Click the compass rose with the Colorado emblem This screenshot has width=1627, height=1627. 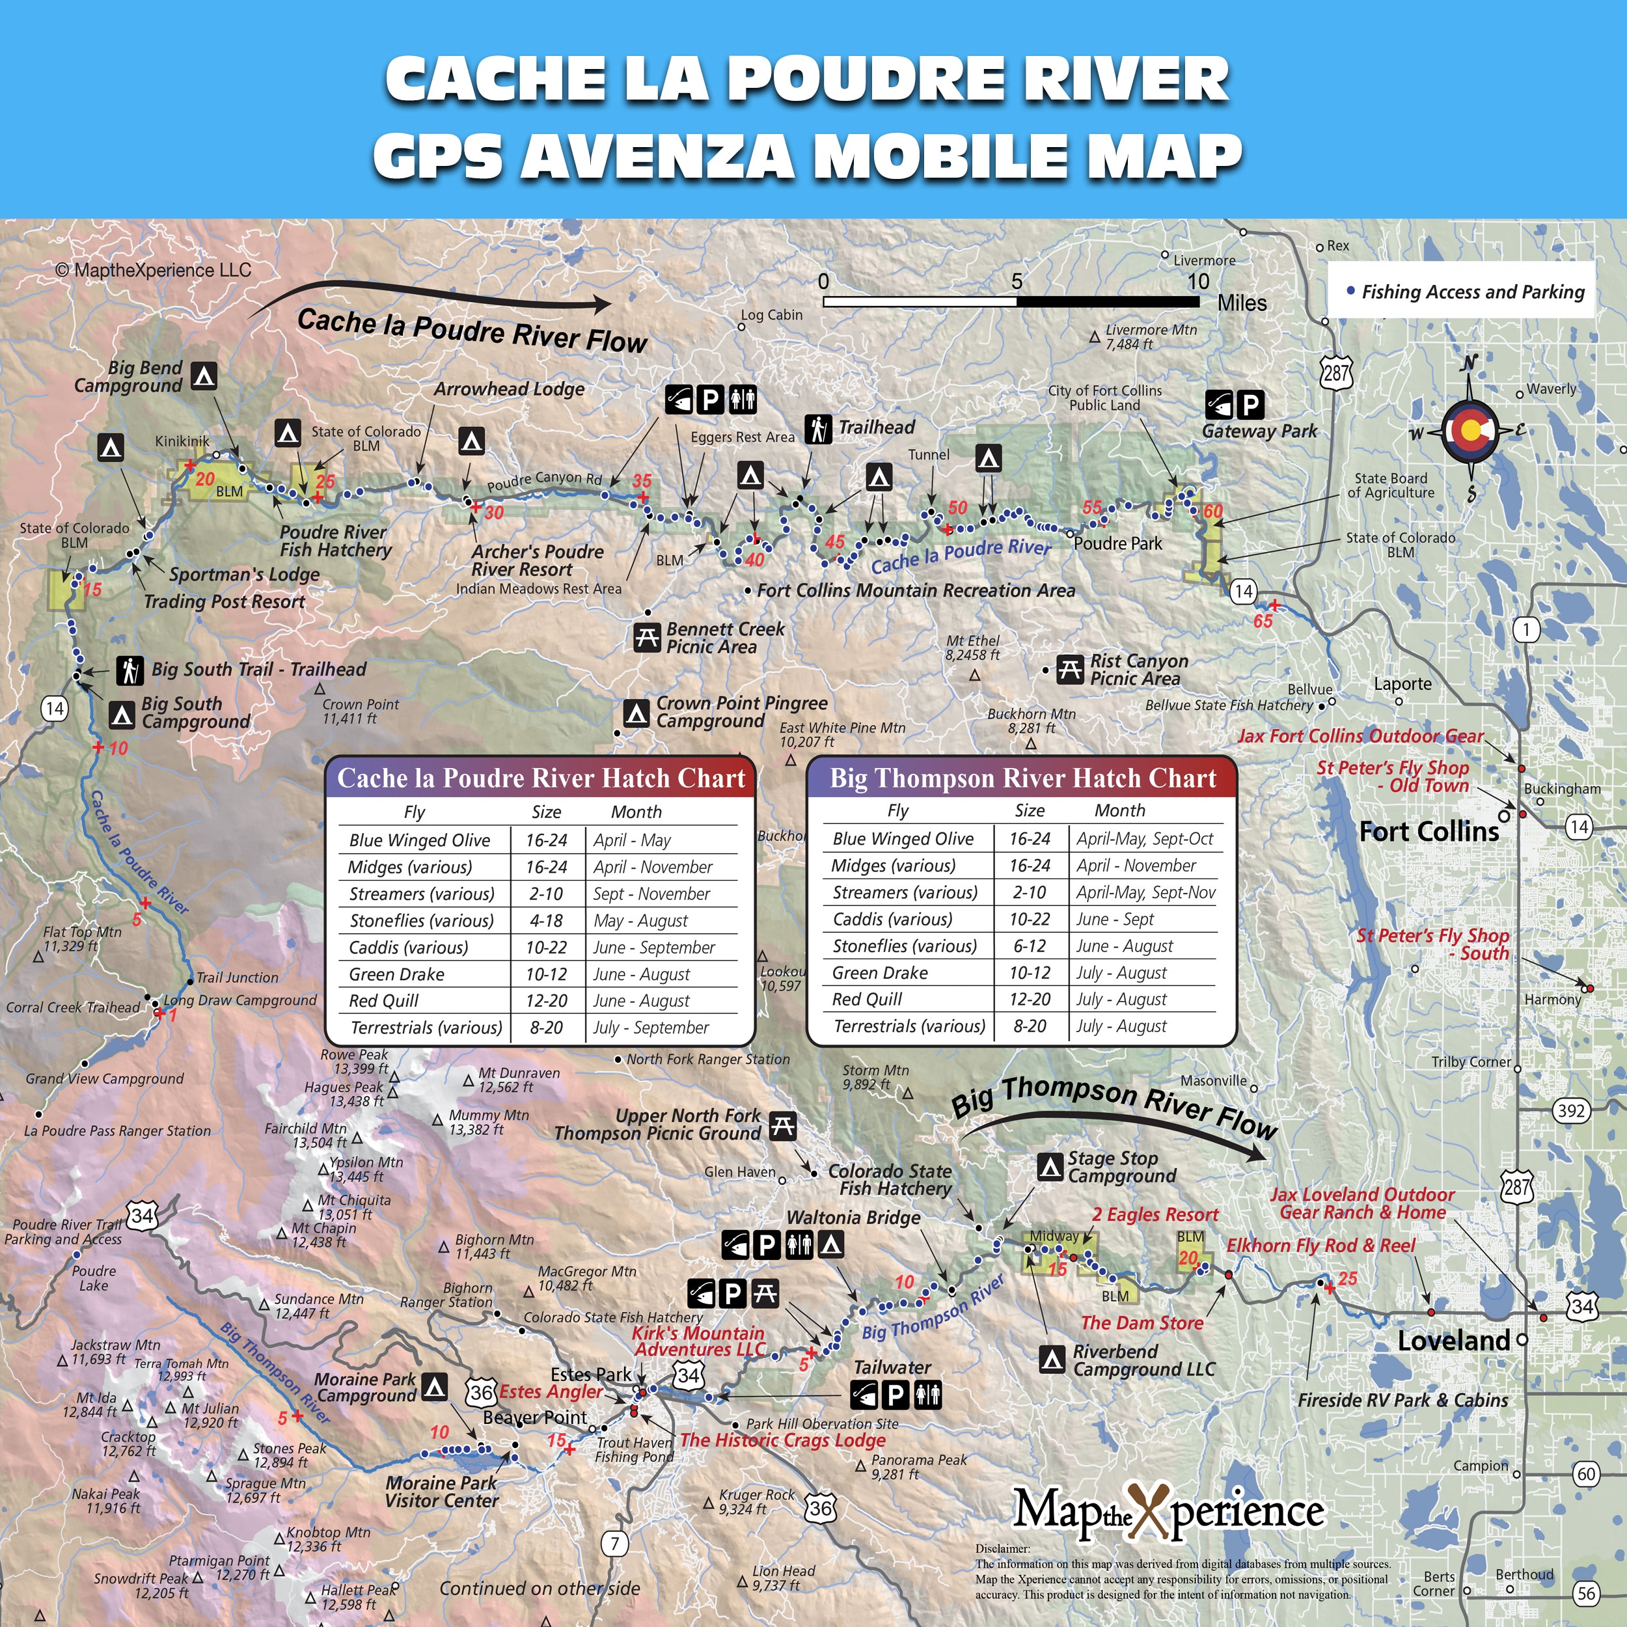click(1470, 430)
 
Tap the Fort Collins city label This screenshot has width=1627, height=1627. click(1429, 832)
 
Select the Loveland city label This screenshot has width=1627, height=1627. click(1453, 1341)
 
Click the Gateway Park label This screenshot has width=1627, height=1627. click(1259, 431)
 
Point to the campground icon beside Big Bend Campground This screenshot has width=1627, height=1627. click(203, 376)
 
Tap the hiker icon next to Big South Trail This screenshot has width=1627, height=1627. click(130, 670)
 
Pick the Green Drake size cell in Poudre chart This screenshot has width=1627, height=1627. click(546, 974)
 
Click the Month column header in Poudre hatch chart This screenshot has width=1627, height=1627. click(636, 812)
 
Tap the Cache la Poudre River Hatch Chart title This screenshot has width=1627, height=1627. click(541, 778)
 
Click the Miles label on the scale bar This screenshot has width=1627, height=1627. click(1241, 303)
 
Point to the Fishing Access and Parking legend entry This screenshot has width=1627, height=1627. click(1466, 292)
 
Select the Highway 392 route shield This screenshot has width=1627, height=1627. click(1572, 1111)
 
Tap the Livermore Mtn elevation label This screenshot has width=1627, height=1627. click(1151, 337)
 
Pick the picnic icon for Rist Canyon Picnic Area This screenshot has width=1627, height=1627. click(1069, 670)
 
